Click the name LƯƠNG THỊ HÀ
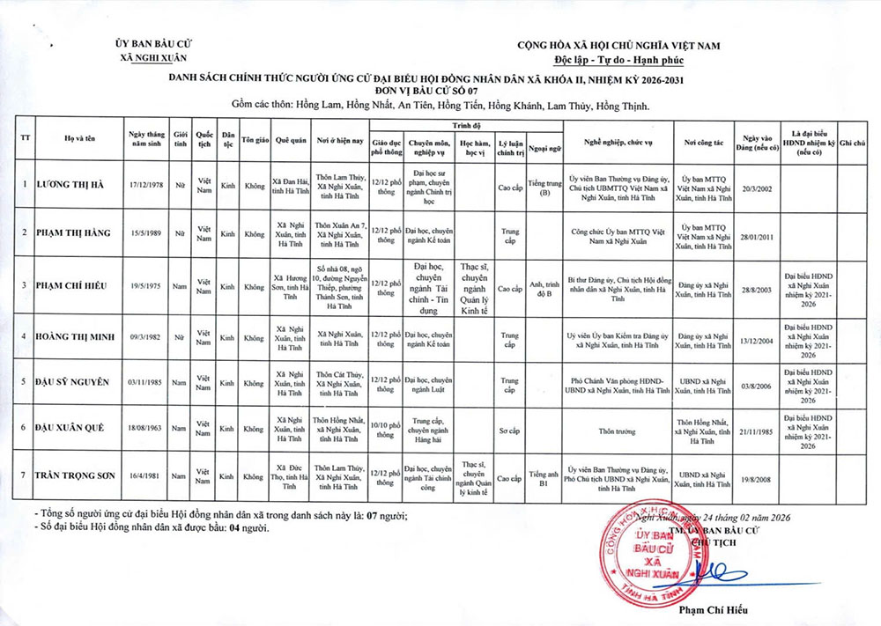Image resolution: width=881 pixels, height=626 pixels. (x=70, y=185)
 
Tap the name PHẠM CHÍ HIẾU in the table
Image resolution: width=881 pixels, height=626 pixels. (x=74, y=286)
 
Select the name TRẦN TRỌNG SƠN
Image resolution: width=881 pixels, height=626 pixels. (x=76, y=475)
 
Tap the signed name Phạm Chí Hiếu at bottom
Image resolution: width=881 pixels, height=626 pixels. (x=714, y=609)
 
